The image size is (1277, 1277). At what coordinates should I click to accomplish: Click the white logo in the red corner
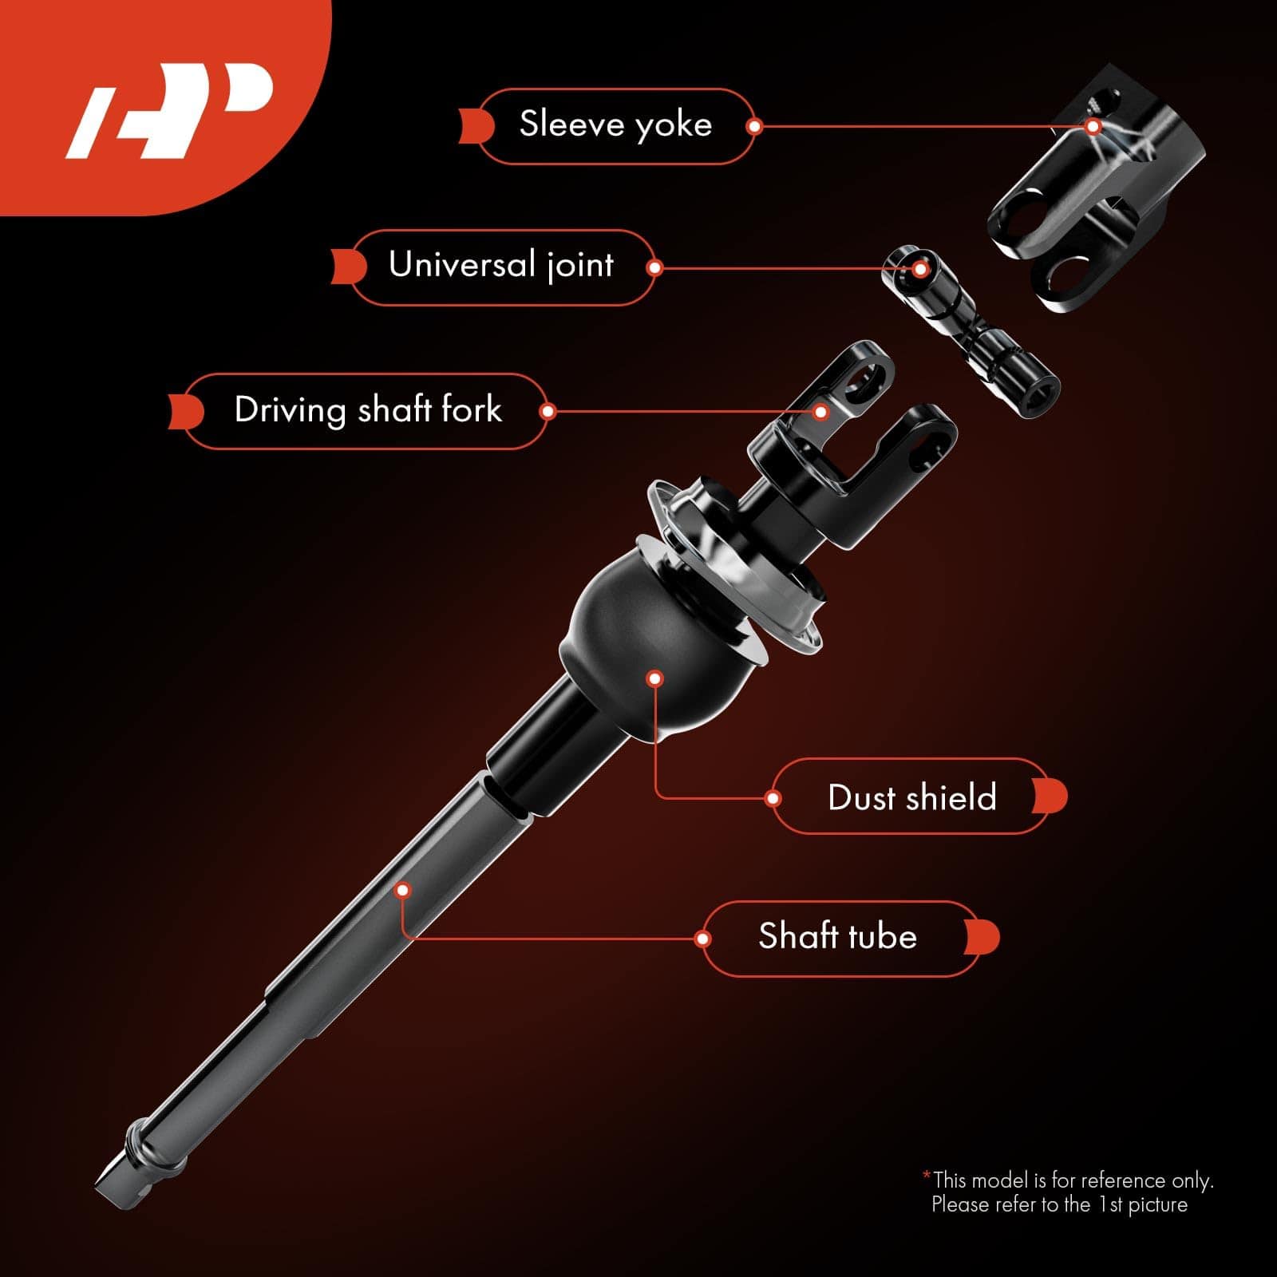(x=169, y=110)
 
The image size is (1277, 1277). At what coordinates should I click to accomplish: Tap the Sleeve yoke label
(x=615, y=125)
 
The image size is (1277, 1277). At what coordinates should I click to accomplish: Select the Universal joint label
(x=501, y=267)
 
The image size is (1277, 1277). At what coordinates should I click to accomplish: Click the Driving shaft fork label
(x=368, y=410)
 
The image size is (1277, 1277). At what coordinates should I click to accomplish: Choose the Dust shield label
(x=912, y=797)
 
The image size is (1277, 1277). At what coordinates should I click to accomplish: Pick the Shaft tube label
(x=838, y=937)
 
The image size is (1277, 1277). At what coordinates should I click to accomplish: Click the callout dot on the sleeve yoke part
(x=1094, y=126)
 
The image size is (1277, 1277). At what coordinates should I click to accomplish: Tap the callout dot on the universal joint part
(x=920, y=269)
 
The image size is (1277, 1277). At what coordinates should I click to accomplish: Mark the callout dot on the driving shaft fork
(x=820, y=412)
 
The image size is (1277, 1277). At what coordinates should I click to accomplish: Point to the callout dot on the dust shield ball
(x=655, y=679)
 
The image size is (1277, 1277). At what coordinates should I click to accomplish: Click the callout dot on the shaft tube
(x=403, y=890)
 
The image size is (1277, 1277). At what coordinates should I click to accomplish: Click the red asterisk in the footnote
(x=926, y=1175)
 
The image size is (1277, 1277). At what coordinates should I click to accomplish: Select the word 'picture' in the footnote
(x=1157, y=1205)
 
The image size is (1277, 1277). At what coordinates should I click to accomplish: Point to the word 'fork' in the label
(x=472, y=410)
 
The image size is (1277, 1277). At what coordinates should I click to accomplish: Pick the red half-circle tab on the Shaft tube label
(x=982, y=937)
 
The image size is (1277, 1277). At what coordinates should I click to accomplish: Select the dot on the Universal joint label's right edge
(x=654, y=267)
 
